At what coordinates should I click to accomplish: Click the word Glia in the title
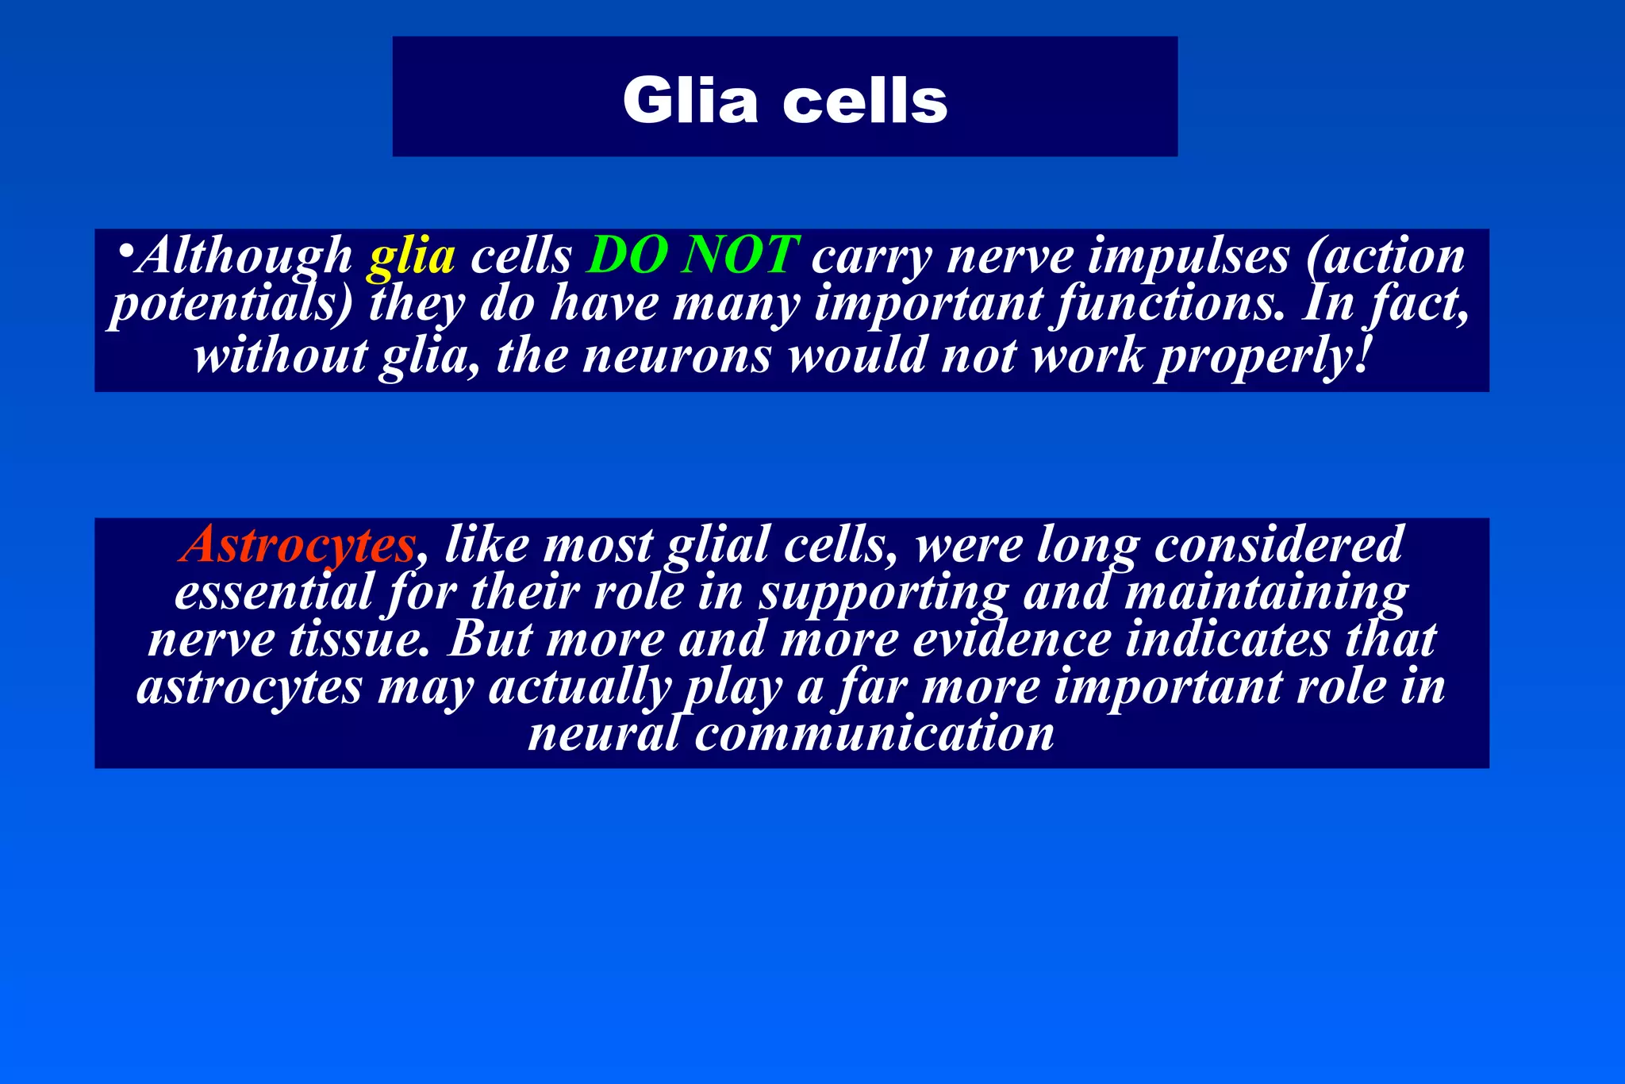(690, 101)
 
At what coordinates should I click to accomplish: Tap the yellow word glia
(411, 256)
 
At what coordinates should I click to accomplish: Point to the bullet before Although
(125, 253)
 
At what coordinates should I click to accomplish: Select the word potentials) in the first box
(230, 305)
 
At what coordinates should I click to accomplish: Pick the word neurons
(677, 355)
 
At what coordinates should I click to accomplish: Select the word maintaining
(1266, 594)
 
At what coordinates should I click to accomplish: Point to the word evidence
(1012, 639)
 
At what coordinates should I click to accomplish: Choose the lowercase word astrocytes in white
(249, 687)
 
